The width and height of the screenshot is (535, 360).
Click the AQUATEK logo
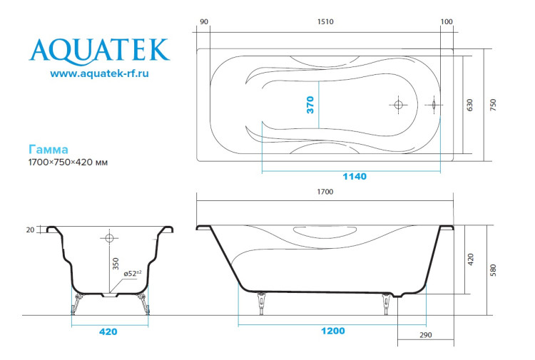click(x=99, y=49)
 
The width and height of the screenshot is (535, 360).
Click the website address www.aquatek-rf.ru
click(x=99, y=73)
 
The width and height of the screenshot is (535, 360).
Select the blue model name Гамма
click(x=49, y=150)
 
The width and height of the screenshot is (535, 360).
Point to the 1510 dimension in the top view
click(x=325, y=22)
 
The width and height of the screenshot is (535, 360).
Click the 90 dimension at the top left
click(x=204, y=22)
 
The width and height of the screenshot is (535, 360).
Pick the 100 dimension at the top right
click(x=447, y=22)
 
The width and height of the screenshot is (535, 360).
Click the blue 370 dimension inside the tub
click(x=310, y=105)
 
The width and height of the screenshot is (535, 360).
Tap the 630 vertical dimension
click(x=469, y=105)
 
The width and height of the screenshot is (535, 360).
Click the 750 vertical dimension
click(x=493, y=105)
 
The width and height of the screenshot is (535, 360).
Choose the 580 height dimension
click(x=493, y=270)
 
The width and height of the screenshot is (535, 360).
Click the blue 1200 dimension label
click(x=332, y=331)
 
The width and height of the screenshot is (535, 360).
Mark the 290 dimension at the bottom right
click(x=425, y=334)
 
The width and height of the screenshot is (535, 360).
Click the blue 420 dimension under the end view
click(x=108, y=331)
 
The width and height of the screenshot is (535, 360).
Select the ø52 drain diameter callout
click(x=133, y=272)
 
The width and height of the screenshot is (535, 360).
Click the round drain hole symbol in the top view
click(x=398, y=105)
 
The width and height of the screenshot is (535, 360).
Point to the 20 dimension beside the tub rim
click(x=29, y=230)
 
